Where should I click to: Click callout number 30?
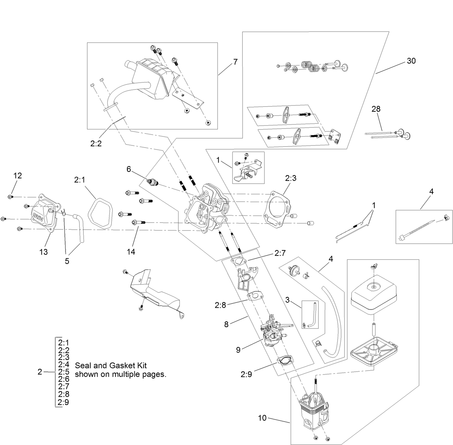[x=411, y=61]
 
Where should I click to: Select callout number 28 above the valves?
[x=376, y=108]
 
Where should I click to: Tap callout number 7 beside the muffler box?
[x=235, y=62]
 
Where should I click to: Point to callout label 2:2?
[x=96, y=143]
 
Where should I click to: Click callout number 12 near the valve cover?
[x=18, y=175]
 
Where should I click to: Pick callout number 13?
[x=43, y=252]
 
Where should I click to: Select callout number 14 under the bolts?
[x=131, y=252]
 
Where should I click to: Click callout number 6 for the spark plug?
[x=129, y=169]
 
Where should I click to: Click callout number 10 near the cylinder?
[x=263, y=418]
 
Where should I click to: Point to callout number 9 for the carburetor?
[x=238, y=349]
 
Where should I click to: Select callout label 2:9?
[x=246, y=374]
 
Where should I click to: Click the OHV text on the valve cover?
[x=37, y=217]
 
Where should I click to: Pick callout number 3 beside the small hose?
[x=287, y=299]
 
